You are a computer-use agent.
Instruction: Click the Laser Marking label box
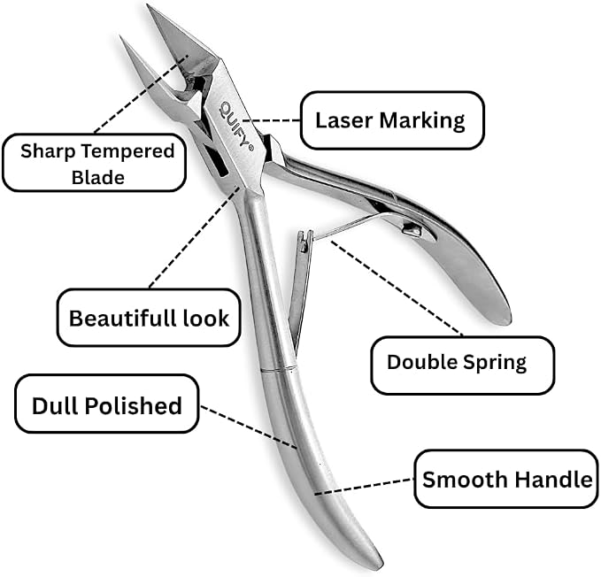(392, 120)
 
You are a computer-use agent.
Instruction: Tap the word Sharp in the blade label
(48, 151)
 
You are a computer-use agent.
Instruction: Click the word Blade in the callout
(98, 177)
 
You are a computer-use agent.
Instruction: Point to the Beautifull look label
(149, 318)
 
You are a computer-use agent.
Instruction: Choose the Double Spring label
(463, 365)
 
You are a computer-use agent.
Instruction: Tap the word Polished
(133, 405)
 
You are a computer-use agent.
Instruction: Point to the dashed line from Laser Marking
(272, 120)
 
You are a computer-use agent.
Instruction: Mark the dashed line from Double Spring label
(397, 288)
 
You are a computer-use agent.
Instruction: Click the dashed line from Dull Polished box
(249, 427)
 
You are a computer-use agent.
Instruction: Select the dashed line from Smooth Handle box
(364, 487)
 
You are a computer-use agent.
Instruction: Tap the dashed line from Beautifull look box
(195, 237)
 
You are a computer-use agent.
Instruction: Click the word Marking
(422, 121)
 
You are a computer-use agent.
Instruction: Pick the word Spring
(495, 363)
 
